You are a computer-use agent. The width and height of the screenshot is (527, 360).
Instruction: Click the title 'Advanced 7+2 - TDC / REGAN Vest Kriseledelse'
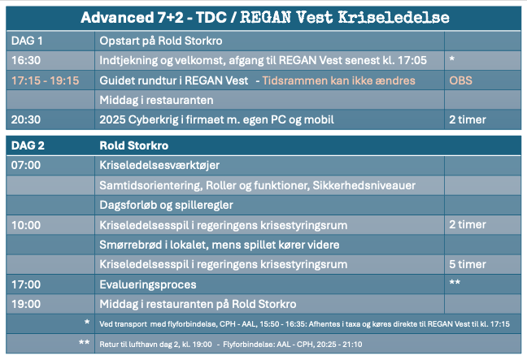click(x=265, y=17)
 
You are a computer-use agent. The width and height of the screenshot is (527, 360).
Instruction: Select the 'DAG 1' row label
click(x=27, y=41)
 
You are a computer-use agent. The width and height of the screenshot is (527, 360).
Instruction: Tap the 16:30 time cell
click(x=26, y=60)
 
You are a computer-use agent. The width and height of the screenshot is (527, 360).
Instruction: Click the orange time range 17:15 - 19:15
click(x=46, y=80)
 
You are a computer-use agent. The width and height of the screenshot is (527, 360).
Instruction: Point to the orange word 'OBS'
click(x=461, y=80)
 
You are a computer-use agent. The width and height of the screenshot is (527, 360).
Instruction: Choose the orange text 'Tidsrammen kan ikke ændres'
click(x=339, y=80)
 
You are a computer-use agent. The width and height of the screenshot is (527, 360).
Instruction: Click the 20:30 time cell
click(x=26, y=119)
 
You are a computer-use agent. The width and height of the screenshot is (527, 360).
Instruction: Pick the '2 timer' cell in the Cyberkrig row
click(x=468, y=119)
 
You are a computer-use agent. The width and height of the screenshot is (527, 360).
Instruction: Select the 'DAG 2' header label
click(x=28, y=145)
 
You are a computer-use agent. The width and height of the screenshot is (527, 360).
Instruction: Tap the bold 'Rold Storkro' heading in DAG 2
click(x=133, y=145)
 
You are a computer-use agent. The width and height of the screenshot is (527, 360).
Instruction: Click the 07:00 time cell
click(x=26, y=165)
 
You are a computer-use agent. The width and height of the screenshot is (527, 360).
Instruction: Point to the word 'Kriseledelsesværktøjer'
click(x=159, y=165)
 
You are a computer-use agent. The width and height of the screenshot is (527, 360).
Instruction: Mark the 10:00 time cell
click(x=26, y=225)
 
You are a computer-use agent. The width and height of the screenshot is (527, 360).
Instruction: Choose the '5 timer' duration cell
click(x=468, y=264)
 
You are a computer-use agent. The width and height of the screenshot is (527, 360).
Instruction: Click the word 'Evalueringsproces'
click(x=148, y=284)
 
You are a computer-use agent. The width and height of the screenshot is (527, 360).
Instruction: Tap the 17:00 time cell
click(x=26, y=284)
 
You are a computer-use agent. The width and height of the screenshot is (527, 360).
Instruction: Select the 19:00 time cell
click(x=26, y=304)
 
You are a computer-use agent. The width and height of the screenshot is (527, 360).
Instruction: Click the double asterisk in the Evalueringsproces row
click(x=455, y=282)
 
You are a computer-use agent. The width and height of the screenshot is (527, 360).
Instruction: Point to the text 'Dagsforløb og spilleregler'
click(x=167, y=205)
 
